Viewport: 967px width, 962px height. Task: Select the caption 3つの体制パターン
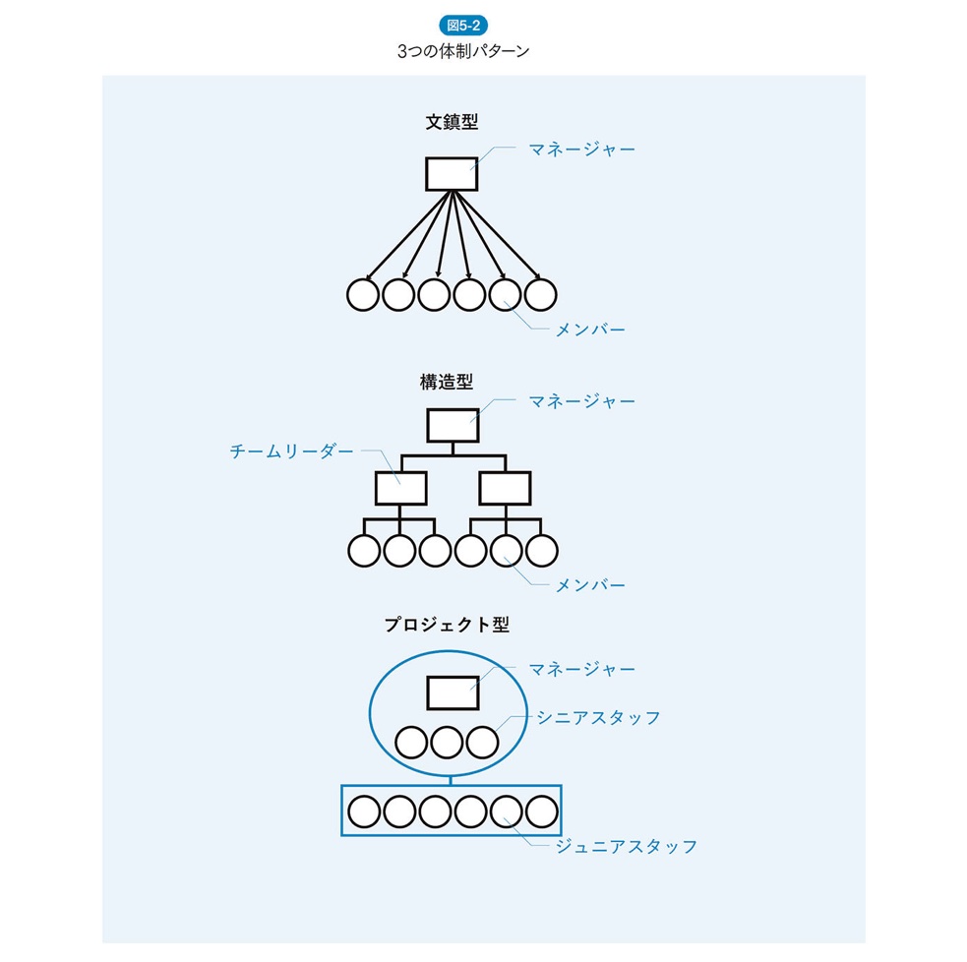[x=463, y=52]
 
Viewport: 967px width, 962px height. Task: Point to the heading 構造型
[x=453, y=382]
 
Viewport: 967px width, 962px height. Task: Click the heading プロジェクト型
[x=447, y=624]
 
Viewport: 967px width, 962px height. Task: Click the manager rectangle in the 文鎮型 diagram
[x=452, y=174]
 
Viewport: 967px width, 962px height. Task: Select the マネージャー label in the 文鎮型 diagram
[x=581, y=150]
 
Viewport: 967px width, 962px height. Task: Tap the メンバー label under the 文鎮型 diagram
[x=590, y=330]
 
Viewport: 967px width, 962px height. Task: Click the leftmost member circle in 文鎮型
[x=363, y=294]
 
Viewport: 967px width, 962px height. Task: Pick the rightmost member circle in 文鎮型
[x=540, y=294]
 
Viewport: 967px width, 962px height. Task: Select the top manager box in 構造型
[x=453, y=425]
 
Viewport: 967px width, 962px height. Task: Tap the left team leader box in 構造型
[x=400, y=488]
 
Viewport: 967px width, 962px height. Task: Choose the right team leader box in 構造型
[x=505, y=488]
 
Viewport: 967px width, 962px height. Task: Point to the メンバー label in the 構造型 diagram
[x=590, y=585]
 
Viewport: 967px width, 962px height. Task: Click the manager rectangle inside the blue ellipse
[x=453, y=692]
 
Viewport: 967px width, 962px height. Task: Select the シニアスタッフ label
[x=598, y=717]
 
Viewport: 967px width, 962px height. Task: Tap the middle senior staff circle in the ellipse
[x=447, y=742]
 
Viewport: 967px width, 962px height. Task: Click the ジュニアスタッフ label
[x=627, y=846]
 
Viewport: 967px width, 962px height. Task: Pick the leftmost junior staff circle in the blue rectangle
[x=364, y=812]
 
